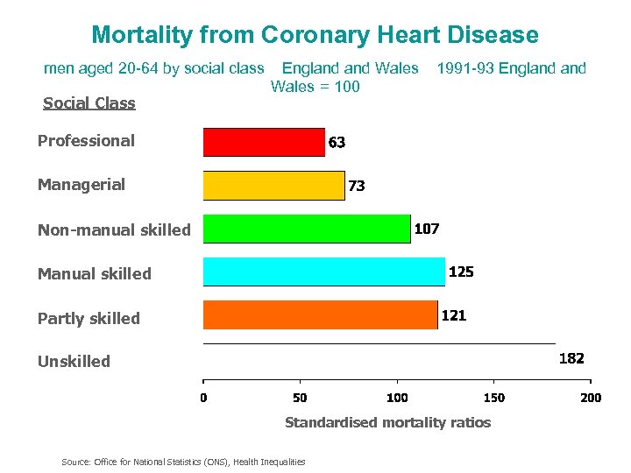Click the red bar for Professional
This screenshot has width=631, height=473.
(264, 142)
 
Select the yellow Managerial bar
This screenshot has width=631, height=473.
(273, 186)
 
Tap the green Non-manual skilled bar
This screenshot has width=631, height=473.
(306, 229)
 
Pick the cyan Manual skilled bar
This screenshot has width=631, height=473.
(323, 272)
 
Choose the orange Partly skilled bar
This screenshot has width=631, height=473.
(320, 315)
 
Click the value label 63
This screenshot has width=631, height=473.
(337, 142)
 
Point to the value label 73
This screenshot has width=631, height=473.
(357, 186)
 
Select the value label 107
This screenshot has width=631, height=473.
(427, 229)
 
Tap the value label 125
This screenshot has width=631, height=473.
(461, 272)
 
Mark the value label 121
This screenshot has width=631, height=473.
(453, 315)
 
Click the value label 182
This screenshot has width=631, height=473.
(571, 358)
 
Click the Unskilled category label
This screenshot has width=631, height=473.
(74, 361)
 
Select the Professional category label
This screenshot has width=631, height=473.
(86, 141)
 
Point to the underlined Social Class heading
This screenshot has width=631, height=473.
(89, 103)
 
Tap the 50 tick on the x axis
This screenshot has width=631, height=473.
(300, 399)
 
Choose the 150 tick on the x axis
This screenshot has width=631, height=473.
(493, 399)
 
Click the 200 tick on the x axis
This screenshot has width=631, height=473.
(591, 399)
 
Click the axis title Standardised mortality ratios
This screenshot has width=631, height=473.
(387, 422)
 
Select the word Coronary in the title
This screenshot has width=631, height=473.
(301, 35)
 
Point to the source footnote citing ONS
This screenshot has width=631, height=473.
(183, 462)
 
